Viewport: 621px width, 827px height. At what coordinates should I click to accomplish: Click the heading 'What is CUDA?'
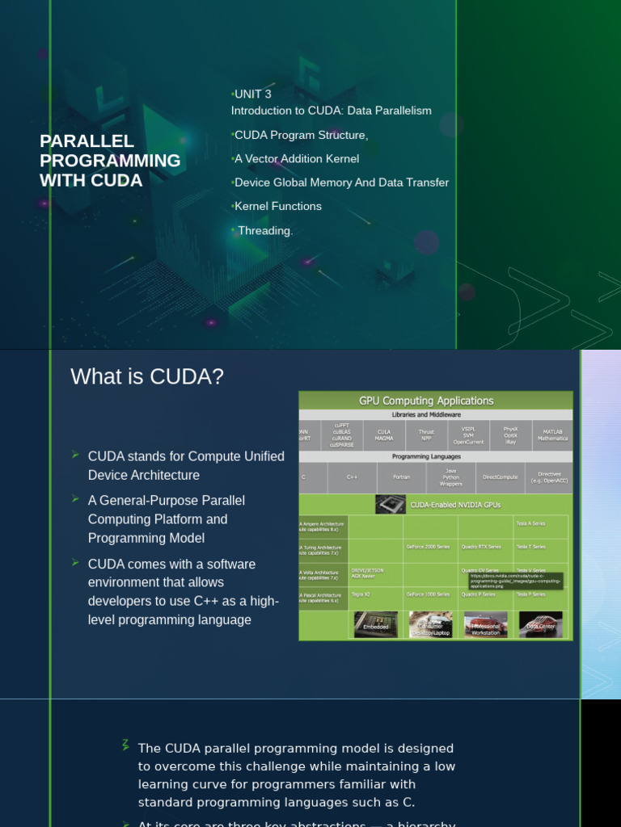point(147,377)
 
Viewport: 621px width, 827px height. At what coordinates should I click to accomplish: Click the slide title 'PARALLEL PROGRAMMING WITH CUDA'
point(110,161)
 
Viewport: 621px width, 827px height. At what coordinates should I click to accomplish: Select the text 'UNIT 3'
point(253,94)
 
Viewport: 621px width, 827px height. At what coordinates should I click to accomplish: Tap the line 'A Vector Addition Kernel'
point(297,158)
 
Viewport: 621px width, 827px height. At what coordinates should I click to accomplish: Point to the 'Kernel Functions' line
point(278,206)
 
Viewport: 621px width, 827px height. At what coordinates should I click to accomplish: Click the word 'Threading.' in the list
point(265,230)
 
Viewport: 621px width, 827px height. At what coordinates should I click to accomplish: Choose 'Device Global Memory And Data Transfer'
point(341,183)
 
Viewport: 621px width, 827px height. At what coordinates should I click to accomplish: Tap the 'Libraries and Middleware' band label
point(437,414)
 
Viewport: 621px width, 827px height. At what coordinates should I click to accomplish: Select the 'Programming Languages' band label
point(437,456)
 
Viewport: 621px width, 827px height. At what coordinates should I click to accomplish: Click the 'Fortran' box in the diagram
point(401,477)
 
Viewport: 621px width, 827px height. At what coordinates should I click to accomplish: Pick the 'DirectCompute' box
point(500,477)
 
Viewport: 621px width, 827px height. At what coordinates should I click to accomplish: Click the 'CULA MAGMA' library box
point(384,435)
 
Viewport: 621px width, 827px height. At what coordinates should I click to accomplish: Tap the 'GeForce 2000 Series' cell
point(428,547)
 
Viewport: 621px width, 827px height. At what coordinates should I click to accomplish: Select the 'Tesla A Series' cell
point(530,523)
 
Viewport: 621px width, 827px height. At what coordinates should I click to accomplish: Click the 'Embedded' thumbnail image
point(376,624)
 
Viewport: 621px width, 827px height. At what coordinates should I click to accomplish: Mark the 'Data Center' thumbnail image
point(541,624)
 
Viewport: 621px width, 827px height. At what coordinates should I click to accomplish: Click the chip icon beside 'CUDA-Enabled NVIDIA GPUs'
point(390,505)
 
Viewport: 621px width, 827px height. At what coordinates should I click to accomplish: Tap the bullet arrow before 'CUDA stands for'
point(76,455)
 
